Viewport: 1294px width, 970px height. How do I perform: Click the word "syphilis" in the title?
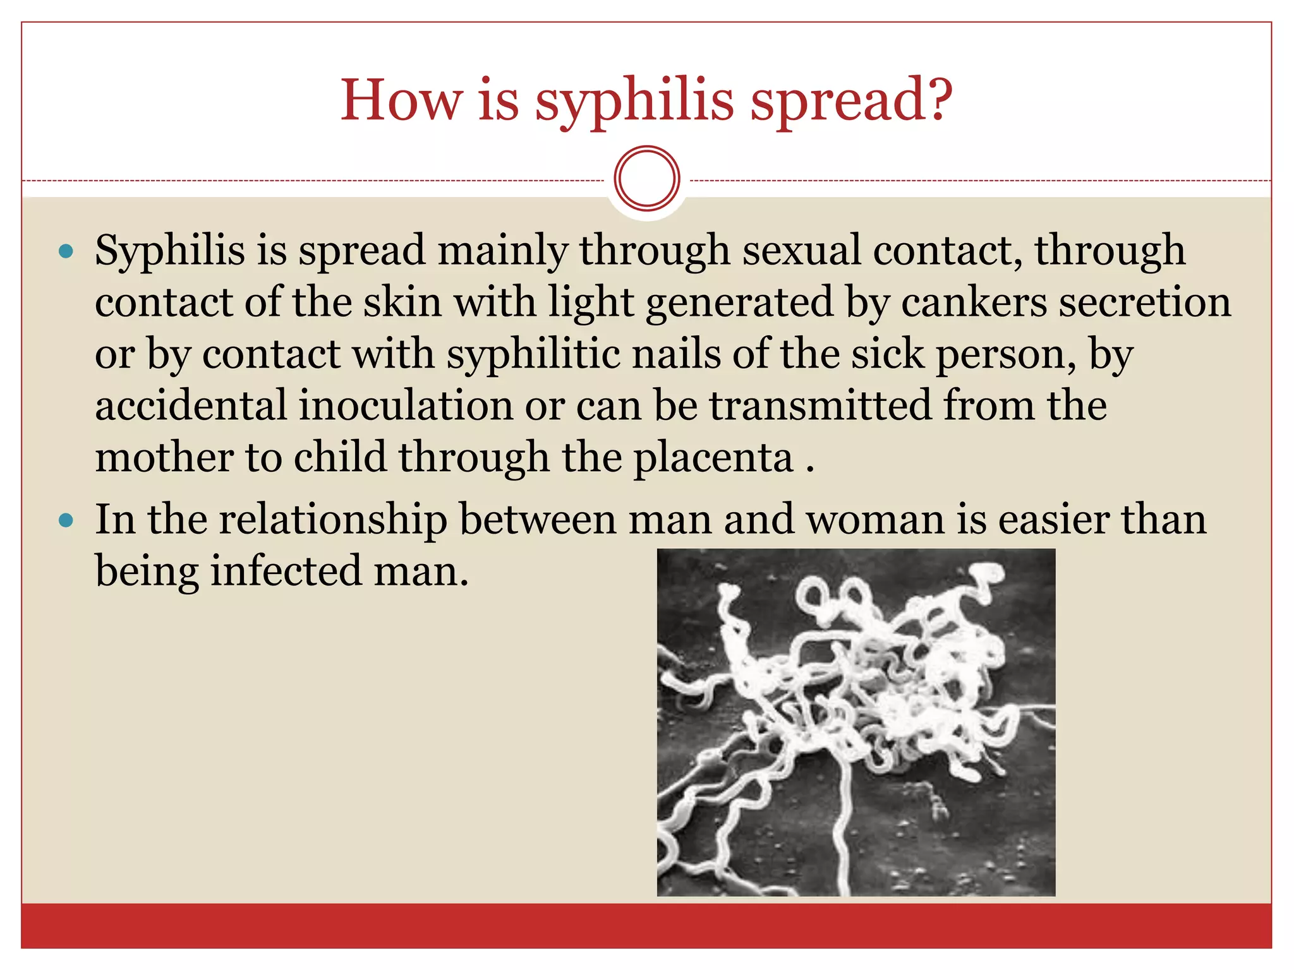pyautogui.click(x=634, y=101)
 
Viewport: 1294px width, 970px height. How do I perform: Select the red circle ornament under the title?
pyautogui.click(x=646, y=179)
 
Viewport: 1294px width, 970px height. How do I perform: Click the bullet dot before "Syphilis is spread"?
pyautogui.click(x=66, y=252)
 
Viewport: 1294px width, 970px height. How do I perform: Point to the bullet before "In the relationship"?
pyautogui.click(x=66, y=521)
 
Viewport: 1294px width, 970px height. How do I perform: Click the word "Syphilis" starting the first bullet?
pyautogui.click(x=169, y=251)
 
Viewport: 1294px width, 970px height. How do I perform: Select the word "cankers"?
pyautogui.click(x=974, y=302)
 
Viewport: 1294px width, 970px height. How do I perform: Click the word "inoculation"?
pyautogui.click(x=405, y=405)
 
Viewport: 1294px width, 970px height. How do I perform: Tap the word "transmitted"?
pyautogui.click(x=820, y=405)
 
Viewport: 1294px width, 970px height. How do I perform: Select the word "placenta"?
pyautogui.click(x=713, y=458)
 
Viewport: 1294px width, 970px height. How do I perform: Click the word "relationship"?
pyautogui.click(x=333, y=520)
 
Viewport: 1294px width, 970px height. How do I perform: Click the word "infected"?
pyautogui.click(x=286, y=571)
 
